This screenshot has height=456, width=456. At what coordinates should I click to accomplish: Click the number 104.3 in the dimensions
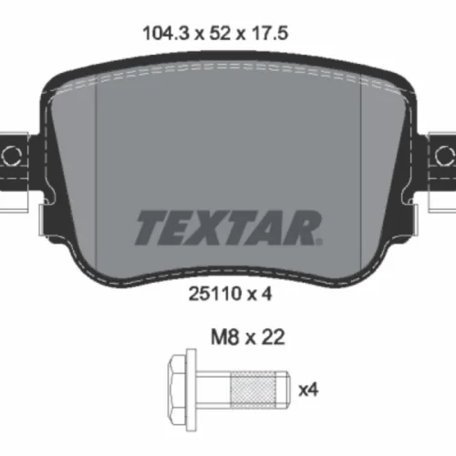(166, 33)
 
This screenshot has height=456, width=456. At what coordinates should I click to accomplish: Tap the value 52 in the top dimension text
(220, 33)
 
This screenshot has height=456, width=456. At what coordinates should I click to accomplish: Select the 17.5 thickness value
(269, 33)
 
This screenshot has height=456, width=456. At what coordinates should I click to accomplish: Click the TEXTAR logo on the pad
(229, 228)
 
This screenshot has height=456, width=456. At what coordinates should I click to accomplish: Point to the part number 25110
(214, 294)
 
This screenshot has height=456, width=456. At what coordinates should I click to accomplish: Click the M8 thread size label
(224, 337)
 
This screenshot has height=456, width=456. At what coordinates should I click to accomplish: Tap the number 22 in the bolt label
(273, 337)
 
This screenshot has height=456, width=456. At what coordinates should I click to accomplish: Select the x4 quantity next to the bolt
(308, 389)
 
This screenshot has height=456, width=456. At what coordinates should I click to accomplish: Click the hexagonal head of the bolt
(177, 389)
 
